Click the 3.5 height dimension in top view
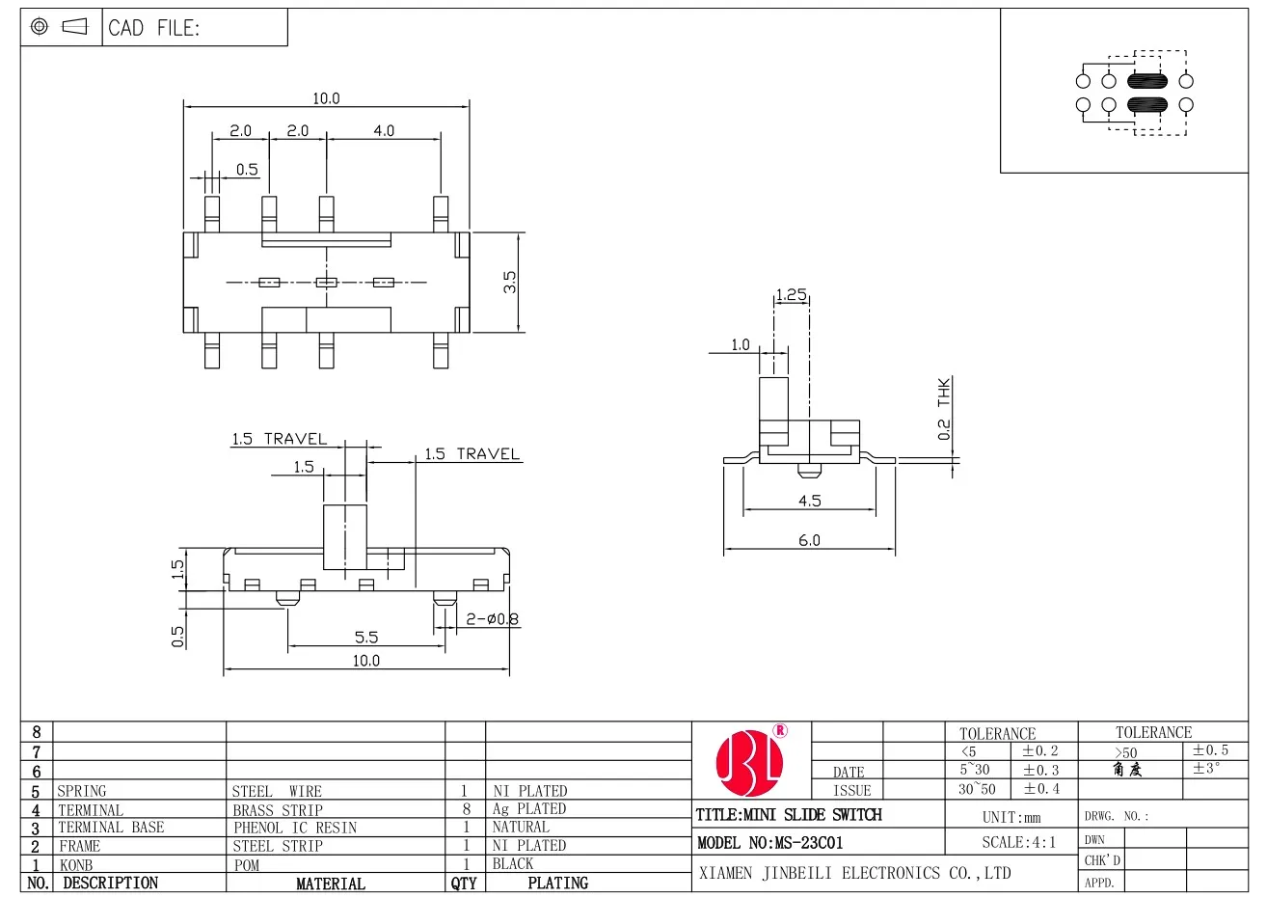pos(511,282)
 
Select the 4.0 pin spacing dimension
pos(384,130)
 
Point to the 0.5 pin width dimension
pos(247,170)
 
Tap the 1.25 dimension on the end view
pos(791,295)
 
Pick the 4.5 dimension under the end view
pos(809,501)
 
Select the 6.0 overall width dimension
pos(809,540)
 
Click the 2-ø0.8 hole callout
pos(492,619)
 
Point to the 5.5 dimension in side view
pos(366,637)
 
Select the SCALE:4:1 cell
pos(1018,842)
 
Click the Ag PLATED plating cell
pos(529,809)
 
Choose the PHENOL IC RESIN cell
pos(295,828)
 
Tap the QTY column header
pos(464,883)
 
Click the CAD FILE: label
pos(154,28)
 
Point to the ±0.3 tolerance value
pos(1040,770)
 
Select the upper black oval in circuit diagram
pos(1146,81)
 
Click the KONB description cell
pos(77,864)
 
